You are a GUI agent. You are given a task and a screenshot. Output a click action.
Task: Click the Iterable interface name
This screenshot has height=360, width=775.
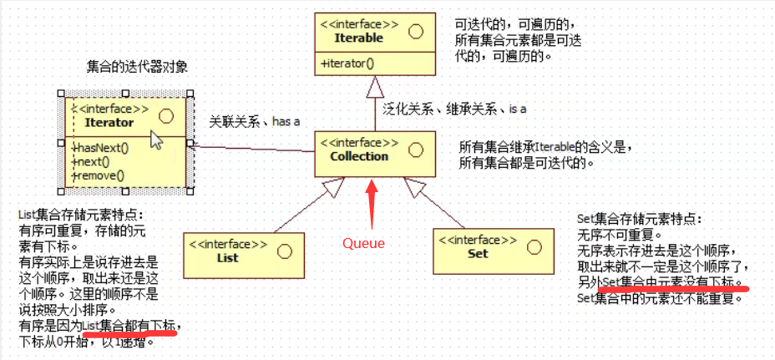pyautogui.click(x=358, y=38)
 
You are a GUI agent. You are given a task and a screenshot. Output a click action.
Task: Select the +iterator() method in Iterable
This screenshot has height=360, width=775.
pyautogui.click(x=347, y=63)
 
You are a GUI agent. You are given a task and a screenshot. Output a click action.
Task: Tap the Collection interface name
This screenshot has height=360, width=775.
pyautogui.click(x=359, y=156)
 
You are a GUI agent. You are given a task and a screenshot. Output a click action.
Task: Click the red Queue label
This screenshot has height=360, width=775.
pyautogui.click(x=364, y=244)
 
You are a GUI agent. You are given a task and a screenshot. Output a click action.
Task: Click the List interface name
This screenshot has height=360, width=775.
pyautogui.click(x=227, y=258)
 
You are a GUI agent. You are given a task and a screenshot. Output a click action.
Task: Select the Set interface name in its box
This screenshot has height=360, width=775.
pyautogui.click(x=478, y=253)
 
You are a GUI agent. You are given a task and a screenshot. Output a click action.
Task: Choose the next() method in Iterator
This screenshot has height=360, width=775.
pyautogui.click(x=94, y=162)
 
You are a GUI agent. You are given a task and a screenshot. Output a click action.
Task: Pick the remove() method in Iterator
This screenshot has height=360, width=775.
pyautogui.click(x=99, y=175)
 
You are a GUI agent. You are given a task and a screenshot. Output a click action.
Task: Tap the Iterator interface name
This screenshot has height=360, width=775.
pyautogui.click(x=109, y=122)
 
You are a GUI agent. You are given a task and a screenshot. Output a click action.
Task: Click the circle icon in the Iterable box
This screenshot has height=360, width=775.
pyautogui.click(x=415, y=32)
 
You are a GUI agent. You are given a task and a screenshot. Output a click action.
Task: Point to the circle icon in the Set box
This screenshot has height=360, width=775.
pyautogui.click(x=534, y=246)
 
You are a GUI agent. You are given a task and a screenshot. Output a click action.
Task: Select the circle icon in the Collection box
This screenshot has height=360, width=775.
pyautogui.click(x=416, y=149)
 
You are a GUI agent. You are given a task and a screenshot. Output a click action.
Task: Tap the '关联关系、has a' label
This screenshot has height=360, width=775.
pyautogui.click(x=254, y=122)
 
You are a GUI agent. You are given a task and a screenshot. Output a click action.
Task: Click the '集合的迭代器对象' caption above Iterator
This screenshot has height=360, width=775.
pyautogui.click(x=136, y=67)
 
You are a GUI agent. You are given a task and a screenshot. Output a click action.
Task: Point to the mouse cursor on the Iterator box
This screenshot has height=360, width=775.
pyautogui.click(x=156, y=139)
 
